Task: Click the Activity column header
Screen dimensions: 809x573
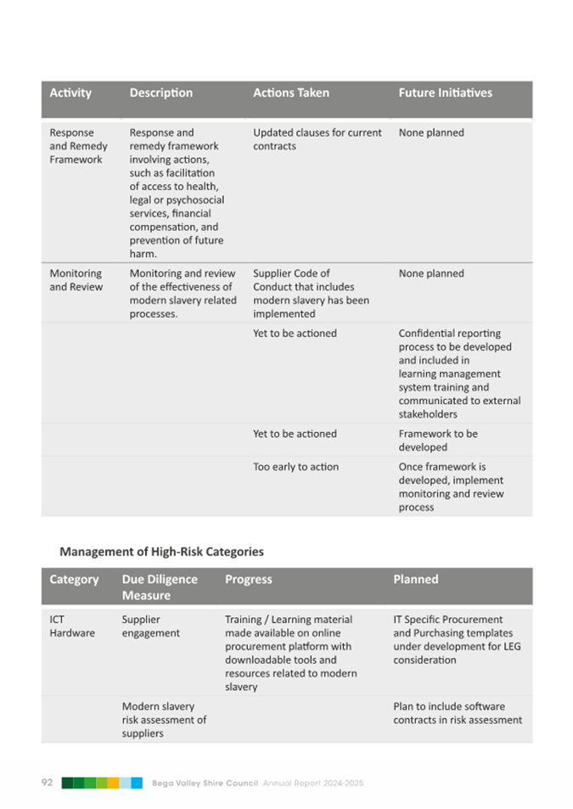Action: [x=70, y=93]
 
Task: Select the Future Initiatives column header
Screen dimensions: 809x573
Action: [x=445, y=93]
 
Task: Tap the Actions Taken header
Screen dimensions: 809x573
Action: [x=291, y=93]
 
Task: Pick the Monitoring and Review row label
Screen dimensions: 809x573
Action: [x=76, y=280]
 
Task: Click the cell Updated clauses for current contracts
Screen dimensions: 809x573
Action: [x=317, y=139]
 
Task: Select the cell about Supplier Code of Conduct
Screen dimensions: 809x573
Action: [x=311, y=294]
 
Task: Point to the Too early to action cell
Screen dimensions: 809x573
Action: [x=295, y=467]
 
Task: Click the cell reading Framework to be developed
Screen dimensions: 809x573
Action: [x=438, y=440]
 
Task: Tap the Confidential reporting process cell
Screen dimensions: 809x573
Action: [x=459, y=374]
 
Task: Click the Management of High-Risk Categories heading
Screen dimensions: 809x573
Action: [x=161, y=552]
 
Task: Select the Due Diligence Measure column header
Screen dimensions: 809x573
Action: [x=160, y=587]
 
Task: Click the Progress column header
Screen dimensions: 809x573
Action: [x=249, y=579]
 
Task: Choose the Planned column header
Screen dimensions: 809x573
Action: [x=416, y=579]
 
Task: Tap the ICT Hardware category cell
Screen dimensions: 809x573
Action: [x=72, y=626]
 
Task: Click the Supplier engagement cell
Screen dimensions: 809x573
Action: [x=150, y=626]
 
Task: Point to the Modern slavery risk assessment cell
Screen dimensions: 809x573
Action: [x=164, y=720]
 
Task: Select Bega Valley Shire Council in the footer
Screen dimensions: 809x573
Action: [x=205, y=783]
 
